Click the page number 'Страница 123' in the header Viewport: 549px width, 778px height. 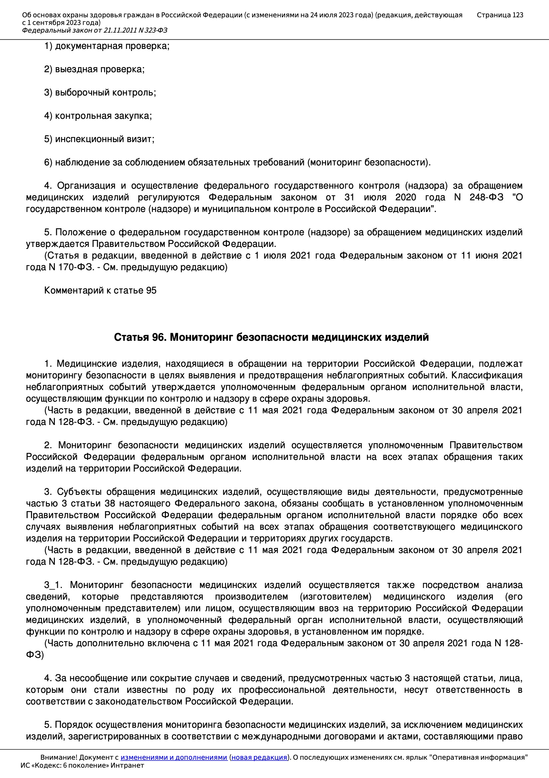[x=499, y=15]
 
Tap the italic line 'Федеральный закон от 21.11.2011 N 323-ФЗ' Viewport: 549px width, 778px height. [x=94, y=31]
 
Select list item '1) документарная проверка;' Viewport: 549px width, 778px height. [x=107, y=46]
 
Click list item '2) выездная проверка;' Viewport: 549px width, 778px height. [x=94, y=70]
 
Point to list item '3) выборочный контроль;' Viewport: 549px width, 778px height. [x=100, y=93]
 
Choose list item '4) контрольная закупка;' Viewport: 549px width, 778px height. [x=98, y=116]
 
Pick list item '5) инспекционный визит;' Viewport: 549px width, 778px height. [x=99, y=139]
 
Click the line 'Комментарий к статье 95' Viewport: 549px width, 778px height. [x=100, y=291]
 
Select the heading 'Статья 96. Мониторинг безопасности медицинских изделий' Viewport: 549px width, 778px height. [x=271, y=337]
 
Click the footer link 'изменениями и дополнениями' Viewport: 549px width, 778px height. [x=173, y=757]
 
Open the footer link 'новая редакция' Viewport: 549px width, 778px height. [x=259, y=757]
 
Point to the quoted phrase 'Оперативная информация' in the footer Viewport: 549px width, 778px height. [x=479, y=757]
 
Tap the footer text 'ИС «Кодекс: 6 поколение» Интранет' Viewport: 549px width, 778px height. [x=82, y=765]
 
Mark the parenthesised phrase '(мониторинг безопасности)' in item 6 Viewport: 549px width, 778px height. [x=369, y=163]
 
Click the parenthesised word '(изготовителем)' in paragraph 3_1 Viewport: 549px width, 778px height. [x=335, y=596]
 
